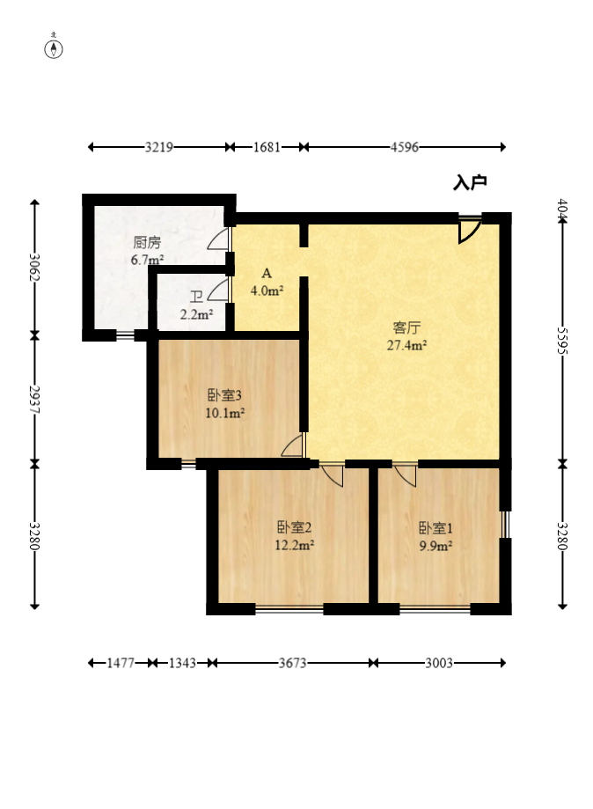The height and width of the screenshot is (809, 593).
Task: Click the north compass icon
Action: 55,48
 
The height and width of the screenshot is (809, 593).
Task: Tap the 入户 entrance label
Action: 470,183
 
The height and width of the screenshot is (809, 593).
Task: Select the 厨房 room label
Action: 147,242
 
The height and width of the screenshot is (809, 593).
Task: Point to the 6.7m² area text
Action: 147,260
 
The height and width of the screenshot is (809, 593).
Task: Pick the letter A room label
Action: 266,273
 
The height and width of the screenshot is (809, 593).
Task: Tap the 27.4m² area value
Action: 406,345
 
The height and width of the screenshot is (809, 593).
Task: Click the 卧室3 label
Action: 225,395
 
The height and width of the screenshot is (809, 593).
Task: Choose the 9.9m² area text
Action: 435,545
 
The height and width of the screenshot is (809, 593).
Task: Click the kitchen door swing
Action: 220,239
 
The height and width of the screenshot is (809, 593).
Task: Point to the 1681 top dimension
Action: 267,148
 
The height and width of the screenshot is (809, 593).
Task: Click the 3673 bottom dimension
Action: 292,664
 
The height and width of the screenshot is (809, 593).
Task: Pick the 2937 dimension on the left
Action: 34,398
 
